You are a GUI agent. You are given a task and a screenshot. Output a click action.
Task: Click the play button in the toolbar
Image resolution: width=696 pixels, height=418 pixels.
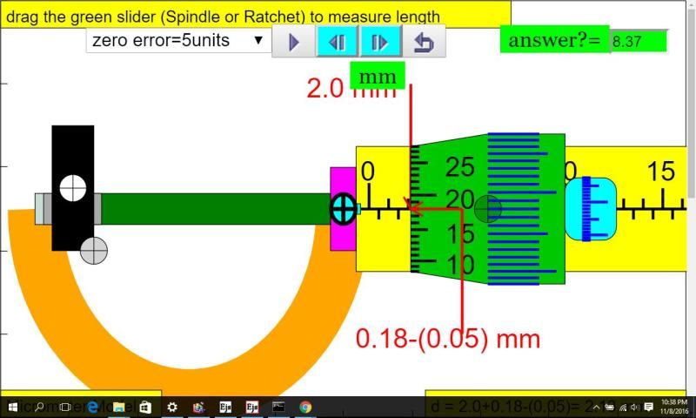pyautogui.click(x=293, y=42)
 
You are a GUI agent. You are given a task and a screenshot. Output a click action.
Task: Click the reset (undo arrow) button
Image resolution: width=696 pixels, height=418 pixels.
pyautogui.click(x=424, y=42)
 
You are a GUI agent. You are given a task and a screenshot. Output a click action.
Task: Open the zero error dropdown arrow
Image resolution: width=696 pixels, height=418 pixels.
pyautogui.click(x=258, y=40)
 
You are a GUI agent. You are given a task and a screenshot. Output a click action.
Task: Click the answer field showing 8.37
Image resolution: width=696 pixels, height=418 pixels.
pyautogui.click(x=638, y=40)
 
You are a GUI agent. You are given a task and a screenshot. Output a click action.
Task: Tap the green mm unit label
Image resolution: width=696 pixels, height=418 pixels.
pyautogui.click(x=377, y=77)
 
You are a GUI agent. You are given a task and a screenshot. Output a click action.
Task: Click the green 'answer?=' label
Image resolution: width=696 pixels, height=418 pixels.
pyautogui.click(x=554, y=40)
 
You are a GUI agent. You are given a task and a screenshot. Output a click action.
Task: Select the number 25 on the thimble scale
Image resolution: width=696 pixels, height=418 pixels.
pyautogui.click(x=459, y=165)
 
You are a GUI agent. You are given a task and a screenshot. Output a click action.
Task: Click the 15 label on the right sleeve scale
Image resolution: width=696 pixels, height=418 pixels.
pyautogui.click(x=662, y=172)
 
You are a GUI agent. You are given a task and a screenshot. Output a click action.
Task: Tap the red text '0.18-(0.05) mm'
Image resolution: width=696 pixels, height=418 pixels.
pyautogui.click(x=448, y=338)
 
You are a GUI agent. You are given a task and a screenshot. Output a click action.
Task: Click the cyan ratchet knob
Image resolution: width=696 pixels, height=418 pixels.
pyautogui.click(x=590, y=209)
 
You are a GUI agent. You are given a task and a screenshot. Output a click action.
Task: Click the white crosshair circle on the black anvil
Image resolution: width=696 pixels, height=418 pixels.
pyautogui.click(x=73, y=187)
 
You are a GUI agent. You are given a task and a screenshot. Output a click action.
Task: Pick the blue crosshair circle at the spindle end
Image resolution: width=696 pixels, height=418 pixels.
pyautogui.click(x=343, y=209)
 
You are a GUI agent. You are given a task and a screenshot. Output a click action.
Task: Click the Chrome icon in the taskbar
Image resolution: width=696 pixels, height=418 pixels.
pyautogui.click(x=305, y=407)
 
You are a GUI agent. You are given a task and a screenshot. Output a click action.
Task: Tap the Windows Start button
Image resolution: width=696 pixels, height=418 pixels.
pyautogui.click(x=13, y=407)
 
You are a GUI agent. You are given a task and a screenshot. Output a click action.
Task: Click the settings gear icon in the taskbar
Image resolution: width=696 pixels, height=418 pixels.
pyautogui.click(x=172, y=407)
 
